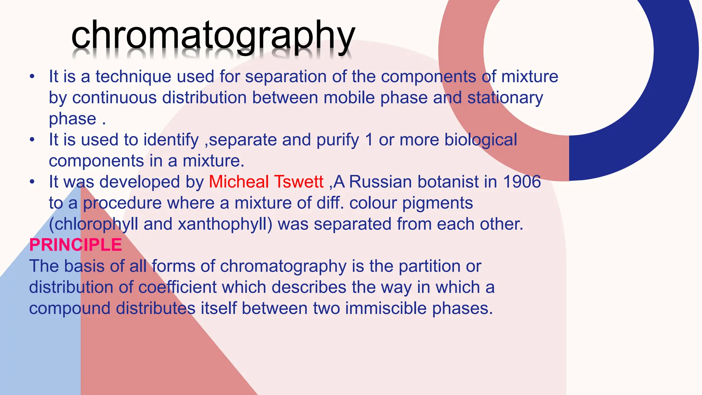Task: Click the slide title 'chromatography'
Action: [213, 36]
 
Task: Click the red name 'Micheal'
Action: [239, 182]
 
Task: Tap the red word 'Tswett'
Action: [299, 182]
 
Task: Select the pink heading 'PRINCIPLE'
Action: [75, 245]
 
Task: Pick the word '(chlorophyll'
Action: [94, 224]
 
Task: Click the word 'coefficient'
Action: [177, 287]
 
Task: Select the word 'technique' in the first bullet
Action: [133, 76]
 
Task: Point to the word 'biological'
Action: [481, 140]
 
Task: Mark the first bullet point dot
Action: [32, 76]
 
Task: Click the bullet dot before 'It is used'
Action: [32, 140]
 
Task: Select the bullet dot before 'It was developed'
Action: [32, 182]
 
